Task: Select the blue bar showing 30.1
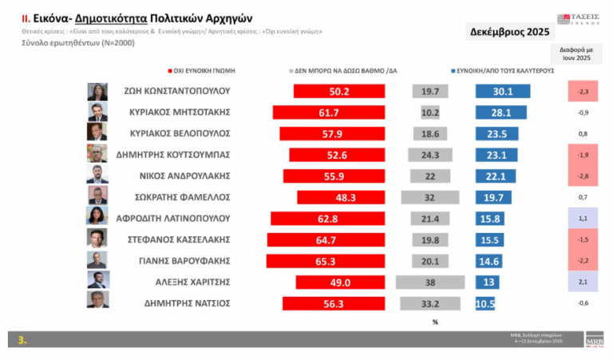tap(504, 91)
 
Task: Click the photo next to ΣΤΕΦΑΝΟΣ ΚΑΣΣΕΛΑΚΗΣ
tap(97, 239)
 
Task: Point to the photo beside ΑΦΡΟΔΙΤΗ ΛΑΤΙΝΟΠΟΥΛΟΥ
tap(97, 217)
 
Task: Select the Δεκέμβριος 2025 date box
tap(508, 33)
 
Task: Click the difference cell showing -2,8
tap(582, 176)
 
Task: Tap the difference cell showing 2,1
tap(582, 281)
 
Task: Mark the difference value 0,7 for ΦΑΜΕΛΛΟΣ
tap(582, 196)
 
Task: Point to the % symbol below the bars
tap(435, 322)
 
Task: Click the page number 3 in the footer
tap(23, 340)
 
